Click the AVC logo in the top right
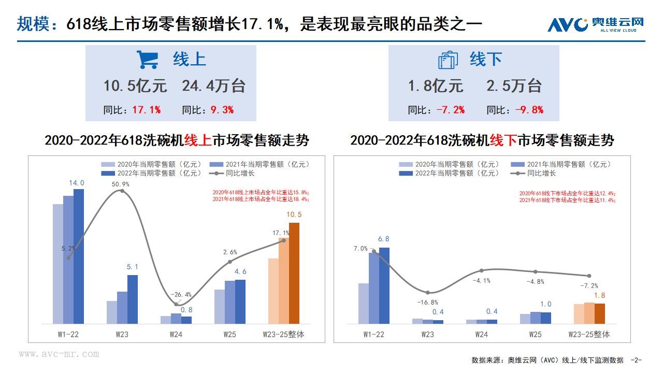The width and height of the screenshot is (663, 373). point(596,24)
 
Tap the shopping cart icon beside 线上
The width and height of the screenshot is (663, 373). point(147,60)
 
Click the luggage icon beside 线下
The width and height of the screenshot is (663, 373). point(448,60)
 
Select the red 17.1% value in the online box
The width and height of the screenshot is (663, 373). point(147,110)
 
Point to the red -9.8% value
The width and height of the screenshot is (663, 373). point(529,110)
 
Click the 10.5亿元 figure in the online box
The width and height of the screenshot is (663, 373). point(135,86)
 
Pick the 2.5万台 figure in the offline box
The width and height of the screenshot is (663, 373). point(514,86)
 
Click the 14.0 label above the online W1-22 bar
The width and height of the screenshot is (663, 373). point(76,183)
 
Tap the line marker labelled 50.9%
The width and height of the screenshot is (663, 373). point(122,191)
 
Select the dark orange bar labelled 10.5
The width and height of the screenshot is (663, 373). point(294,273)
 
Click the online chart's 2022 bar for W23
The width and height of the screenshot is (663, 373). point(133,299)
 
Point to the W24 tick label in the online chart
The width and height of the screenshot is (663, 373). point(176,334)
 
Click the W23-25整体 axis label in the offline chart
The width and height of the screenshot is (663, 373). point(589,334)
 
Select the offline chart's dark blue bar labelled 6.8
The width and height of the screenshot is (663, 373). point(384,285)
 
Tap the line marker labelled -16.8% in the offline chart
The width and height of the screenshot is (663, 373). point(428,293)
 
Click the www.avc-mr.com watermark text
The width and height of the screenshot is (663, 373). point(59,354)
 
